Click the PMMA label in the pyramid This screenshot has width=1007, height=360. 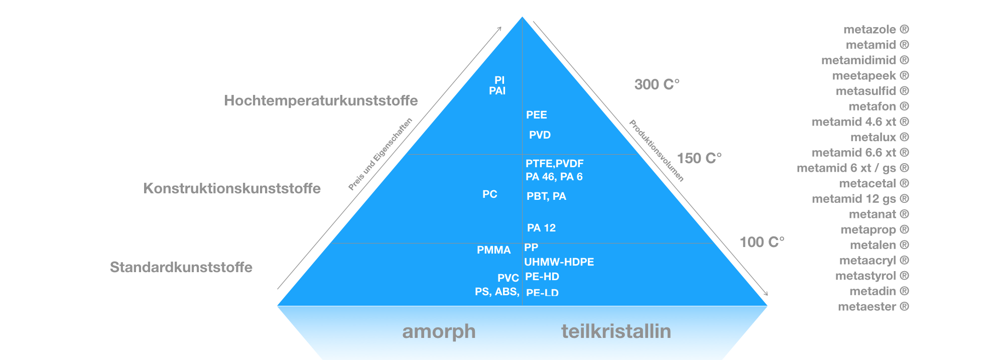(x=493, y=250)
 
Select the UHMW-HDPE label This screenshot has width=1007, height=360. (x=559, y=262)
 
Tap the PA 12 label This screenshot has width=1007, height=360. (x=541, y=228)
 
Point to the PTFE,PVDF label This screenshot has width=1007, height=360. (x=555, y=164)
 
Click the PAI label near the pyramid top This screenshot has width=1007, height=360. (x=497, y=91)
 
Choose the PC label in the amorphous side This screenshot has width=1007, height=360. (x=490, y=194)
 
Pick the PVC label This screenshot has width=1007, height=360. (x=508, y=278)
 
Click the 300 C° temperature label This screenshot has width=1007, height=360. (x=657, y=84)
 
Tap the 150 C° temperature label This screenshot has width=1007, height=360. (x=699, y=158)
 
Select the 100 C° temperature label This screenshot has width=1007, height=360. (x=762, y=242)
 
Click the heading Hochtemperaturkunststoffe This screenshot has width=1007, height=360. (x=321, y=101)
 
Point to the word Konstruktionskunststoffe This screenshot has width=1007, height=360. (x=232, y=188)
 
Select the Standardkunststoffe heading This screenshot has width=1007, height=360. (x=181, y=267)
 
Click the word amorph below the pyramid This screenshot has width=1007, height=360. (x=439, y=332)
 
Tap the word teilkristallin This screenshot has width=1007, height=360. (x=616, y=331)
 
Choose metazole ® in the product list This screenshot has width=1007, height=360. (x=876, y=30)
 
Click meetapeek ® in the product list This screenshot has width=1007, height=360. (x=871, y=76)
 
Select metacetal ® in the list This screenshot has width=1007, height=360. (x=874, y=184)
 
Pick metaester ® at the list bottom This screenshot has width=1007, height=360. (x=873, y=307)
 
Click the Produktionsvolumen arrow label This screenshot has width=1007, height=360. (x=657, y=151)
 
